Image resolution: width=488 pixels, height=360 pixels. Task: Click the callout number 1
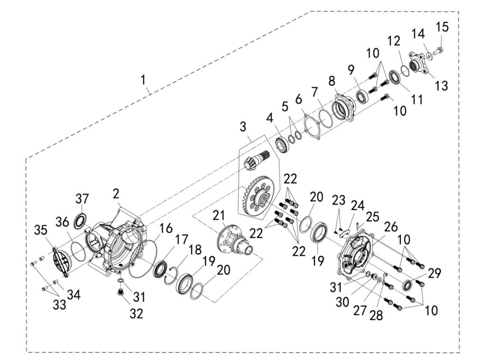143,80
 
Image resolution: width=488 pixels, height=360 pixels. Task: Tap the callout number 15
442,27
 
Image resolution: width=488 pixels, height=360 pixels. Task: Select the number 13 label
441,86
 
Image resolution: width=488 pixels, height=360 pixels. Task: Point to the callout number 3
243,127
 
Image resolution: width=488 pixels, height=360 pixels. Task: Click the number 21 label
219,216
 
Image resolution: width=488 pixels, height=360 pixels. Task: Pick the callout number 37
82,198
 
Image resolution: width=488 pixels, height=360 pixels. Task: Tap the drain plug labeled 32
121,292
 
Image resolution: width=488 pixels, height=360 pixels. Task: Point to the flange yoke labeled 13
418,62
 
